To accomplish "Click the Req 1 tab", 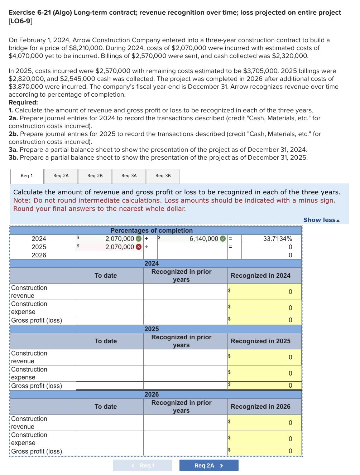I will tap(27, 176).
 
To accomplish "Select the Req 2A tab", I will tap(61, 176).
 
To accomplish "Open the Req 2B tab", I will tap(95, 176).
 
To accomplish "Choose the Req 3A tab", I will tap(129, 176).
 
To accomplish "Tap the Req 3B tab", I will tap(163, 176).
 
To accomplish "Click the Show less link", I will tap(321, 220).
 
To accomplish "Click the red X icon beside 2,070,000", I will tap(139, 247).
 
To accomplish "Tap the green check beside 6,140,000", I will tap(223, 239).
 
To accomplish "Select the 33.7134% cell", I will tap(272, 239).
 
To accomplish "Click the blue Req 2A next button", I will tap(209, 465).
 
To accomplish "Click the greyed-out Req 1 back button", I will tap(143, 465).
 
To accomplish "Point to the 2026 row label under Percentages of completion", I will tap(39, 255).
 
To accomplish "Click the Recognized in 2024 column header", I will tap(260, 276).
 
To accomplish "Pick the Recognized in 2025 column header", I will tap(260, 341).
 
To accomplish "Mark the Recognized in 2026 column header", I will tap(260, 407).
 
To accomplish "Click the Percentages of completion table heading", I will tap(152, 231).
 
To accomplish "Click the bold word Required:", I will tap(23, 102).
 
